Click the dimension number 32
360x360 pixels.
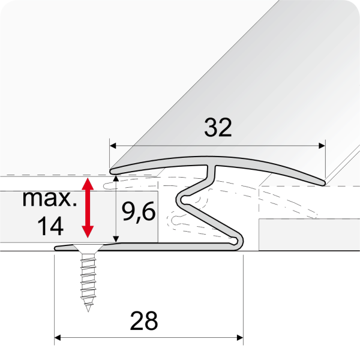tap(217, 127)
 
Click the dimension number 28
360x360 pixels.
tap(144, 322)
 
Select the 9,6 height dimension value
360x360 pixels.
tap(136, 212)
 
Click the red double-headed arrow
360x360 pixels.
tap(88, 207)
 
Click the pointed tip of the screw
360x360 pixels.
tap(88, 310)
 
